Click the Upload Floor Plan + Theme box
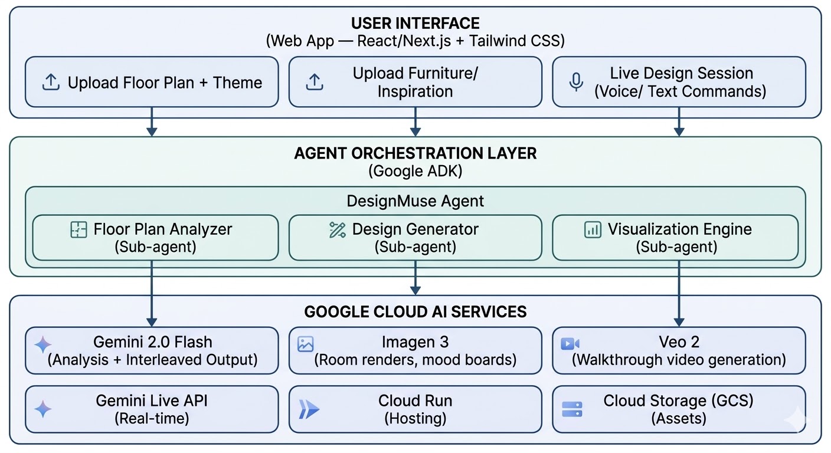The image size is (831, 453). (152, 82)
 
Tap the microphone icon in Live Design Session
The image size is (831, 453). (576, 82)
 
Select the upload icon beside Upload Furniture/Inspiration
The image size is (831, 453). (314, 82)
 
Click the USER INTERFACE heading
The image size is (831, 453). (415, 24)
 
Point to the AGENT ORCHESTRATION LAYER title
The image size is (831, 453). (415, 153)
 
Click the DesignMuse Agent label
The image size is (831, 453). (415, 201)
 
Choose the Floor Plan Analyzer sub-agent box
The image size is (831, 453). (155, 238)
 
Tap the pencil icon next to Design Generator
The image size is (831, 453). (337, 230)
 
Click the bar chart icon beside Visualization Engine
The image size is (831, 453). (593, 229)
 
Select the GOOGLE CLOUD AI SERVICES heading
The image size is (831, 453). (415, 312)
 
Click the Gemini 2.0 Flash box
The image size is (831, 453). (152, 350)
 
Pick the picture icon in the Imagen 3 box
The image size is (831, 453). (305, 344)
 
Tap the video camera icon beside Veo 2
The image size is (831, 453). (570, 344)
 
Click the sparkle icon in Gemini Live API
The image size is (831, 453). (42, 409)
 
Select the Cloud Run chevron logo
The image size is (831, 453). (309, 409)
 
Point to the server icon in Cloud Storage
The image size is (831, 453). (572, 409)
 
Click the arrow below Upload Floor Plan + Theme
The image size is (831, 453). (152, 122)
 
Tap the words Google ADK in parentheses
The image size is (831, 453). (415, 171)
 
